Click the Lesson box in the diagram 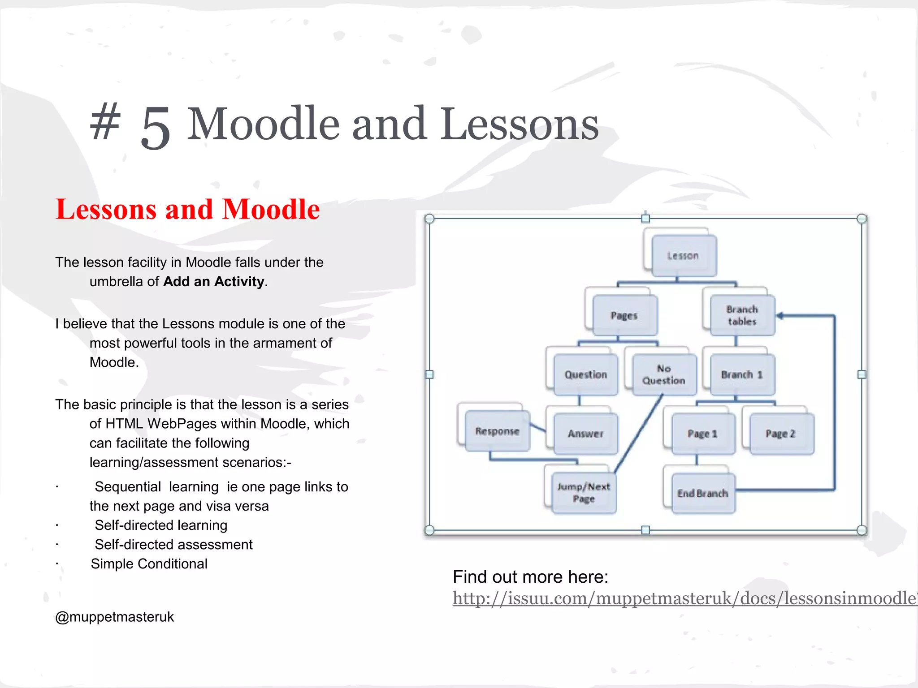coord(684,256)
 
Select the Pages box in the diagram coord(624,315)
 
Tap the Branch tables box coord(742,315)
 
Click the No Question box coord(664,374)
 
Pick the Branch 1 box coord(742,374)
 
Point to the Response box coord(497,431)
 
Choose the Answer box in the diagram coord(585,434)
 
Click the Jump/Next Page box coord(584,493)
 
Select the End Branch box coord(703,493)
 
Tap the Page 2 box coord(781,434)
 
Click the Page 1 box coord(703,434)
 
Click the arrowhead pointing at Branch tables coord(780,316)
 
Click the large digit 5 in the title coord(156,127)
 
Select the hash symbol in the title coord(105,121)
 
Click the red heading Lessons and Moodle coord(187,209)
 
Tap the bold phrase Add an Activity coord(214,281)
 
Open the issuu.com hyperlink coord(681,598)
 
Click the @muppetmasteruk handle coord(114,617)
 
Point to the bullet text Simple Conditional coord(149,563)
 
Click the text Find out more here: coord(530,577)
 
